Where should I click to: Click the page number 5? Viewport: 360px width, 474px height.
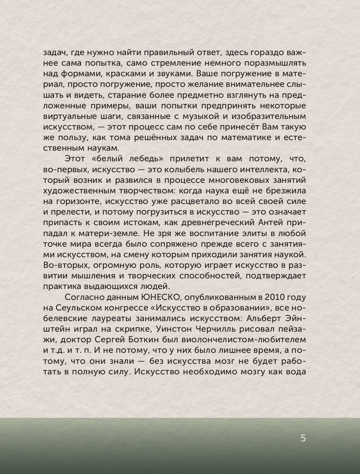(303, 438)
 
